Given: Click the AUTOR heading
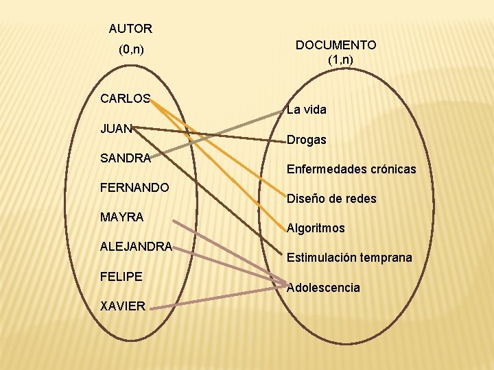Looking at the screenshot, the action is [x=130, y=29].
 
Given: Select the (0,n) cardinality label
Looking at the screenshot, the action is [x=130, y=49].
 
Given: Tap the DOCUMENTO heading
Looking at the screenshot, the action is [x=336, y=45].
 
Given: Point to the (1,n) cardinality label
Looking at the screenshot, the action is [x=340, y=60].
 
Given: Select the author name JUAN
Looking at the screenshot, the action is [x=116, y=128].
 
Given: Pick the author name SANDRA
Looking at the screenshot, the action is [x=125, y=158].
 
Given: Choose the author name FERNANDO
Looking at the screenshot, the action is [x=134, y=187].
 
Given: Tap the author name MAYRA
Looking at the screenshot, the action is [x=121, y=217].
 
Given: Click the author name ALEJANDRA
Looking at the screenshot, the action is [x=136, y=247].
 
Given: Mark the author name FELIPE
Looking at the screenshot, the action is [x=121, y=276].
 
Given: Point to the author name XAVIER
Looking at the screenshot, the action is [x=123, y=306].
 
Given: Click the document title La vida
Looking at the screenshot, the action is [x=307, y=110].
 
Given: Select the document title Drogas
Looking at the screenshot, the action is [x=307, y=140].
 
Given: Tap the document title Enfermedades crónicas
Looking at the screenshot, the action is [x=351, y=169].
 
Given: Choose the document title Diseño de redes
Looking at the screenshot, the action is [x=331, y=199].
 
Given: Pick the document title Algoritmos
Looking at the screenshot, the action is [x=316, y=228].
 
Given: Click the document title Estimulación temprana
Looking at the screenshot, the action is [x=349, y=258].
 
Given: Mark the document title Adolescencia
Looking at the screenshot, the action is [x=323, y=288].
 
